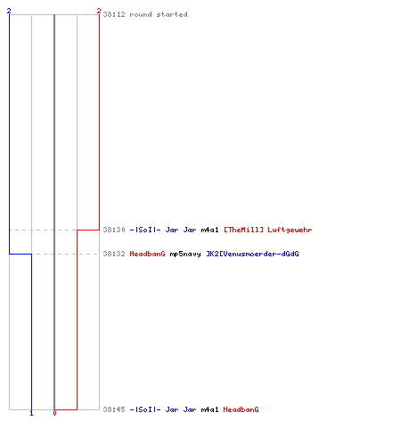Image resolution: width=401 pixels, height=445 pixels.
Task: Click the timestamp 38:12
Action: [x=114, y=14]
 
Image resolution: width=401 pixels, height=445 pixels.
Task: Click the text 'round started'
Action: [x=159, y=14]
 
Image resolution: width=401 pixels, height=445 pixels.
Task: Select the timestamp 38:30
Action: [x=114, y=230]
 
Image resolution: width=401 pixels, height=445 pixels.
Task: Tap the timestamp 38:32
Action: [x=114, y=254]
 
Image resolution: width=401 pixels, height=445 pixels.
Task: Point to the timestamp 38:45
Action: [x=114, y=409]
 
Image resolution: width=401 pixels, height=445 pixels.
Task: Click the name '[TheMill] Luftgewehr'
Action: [x=268, y=230]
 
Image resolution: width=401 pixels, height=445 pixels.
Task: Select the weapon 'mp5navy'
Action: [x=185, y=254]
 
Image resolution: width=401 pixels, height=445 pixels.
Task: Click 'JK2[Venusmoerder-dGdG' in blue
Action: [x=253, y=254]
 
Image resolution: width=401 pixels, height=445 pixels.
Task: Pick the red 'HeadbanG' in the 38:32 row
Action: [x=147, y=254]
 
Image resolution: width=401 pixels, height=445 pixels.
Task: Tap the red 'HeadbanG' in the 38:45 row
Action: [x=241, y=409]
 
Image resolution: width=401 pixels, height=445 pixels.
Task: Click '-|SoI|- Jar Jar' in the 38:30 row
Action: [x=163, y=230]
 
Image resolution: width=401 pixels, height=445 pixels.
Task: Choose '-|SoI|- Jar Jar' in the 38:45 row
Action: [x=163, y=409]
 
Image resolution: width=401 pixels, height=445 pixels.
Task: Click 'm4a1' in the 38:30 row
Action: [x=209, y=230]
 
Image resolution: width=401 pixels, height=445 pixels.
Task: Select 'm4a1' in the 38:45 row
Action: [x=209, y=409]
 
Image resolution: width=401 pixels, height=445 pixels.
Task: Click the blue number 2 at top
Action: [x=9, y=11]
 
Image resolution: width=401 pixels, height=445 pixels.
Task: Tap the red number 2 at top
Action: [x=99, y=11]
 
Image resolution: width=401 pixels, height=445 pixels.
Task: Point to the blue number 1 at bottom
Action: [x=31, y=413]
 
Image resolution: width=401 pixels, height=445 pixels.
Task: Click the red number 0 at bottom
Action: [x=54, y=413]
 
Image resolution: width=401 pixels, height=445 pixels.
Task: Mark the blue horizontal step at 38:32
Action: [x=20, y=254]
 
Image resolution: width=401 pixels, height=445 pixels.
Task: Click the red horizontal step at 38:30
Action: [x=88, y=230]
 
